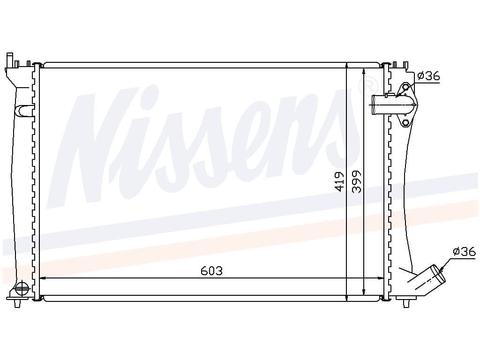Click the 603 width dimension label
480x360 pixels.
point(211,270)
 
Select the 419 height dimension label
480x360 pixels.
point(340,181)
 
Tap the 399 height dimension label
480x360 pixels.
point(357,181)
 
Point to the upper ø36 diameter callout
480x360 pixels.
point(428,75)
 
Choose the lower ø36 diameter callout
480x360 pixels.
point(465,251)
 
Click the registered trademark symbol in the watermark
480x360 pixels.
point(368,87)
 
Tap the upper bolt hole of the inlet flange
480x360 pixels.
point(406,87)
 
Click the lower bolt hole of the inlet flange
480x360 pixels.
point(406,123)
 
